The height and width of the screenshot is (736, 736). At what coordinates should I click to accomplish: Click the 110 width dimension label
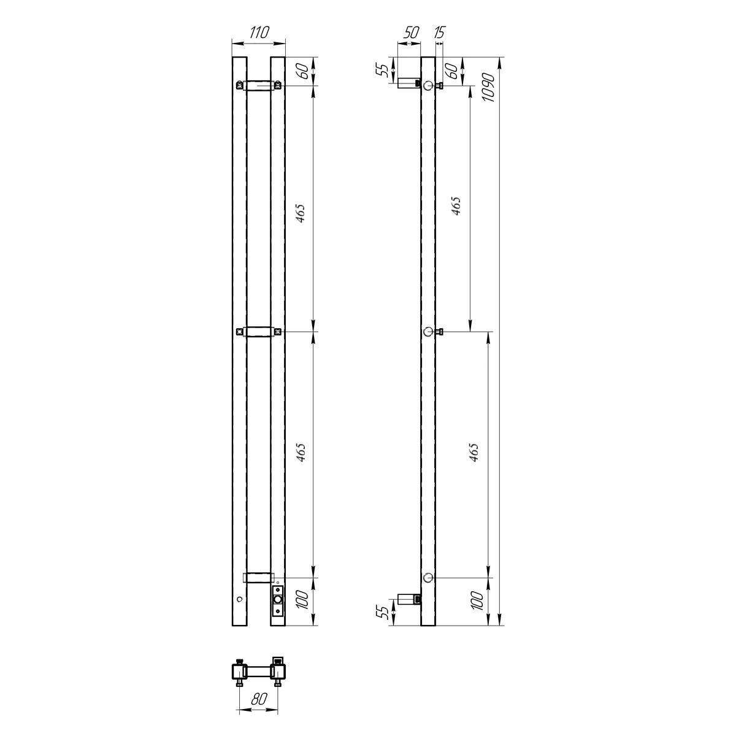click(259, 33)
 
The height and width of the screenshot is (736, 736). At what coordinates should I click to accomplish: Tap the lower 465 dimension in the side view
click(475, 452)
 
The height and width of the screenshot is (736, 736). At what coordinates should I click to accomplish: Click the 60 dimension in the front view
click(302, 71)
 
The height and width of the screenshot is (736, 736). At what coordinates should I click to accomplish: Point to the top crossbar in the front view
click(259, 85)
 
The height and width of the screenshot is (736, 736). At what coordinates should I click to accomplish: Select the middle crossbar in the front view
click(259, 332)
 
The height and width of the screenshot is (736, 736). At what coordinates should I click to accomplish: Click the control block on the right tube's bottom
click(278, 600)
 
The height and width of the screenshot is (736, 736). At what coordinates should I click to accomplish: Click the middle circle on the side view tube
click(428, 332)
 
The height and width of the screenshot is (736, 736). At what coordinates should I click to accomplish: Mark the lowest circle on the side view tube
click(428, 577)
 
